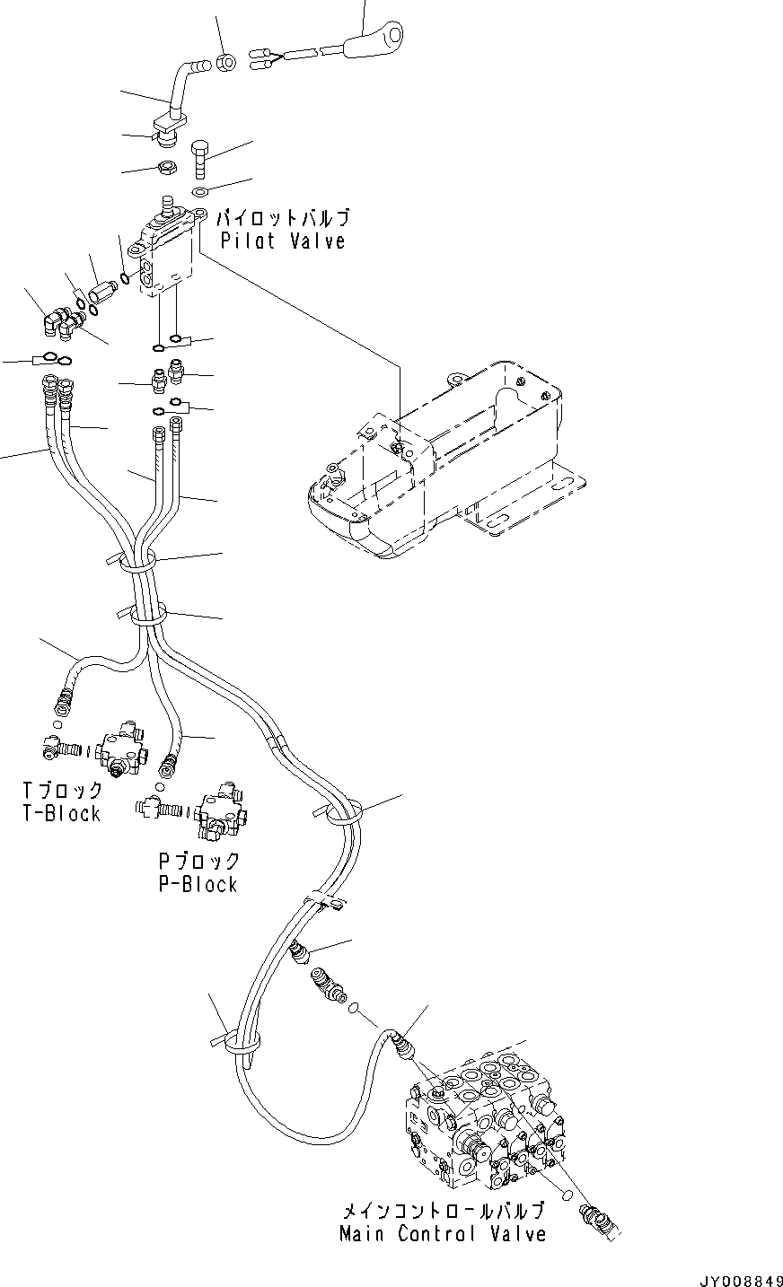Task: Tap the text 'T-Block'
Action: click(62, 813)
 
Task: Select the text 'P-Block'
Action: click(198, 884)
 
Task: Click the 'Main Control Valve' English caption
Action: click(442, 1233)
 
